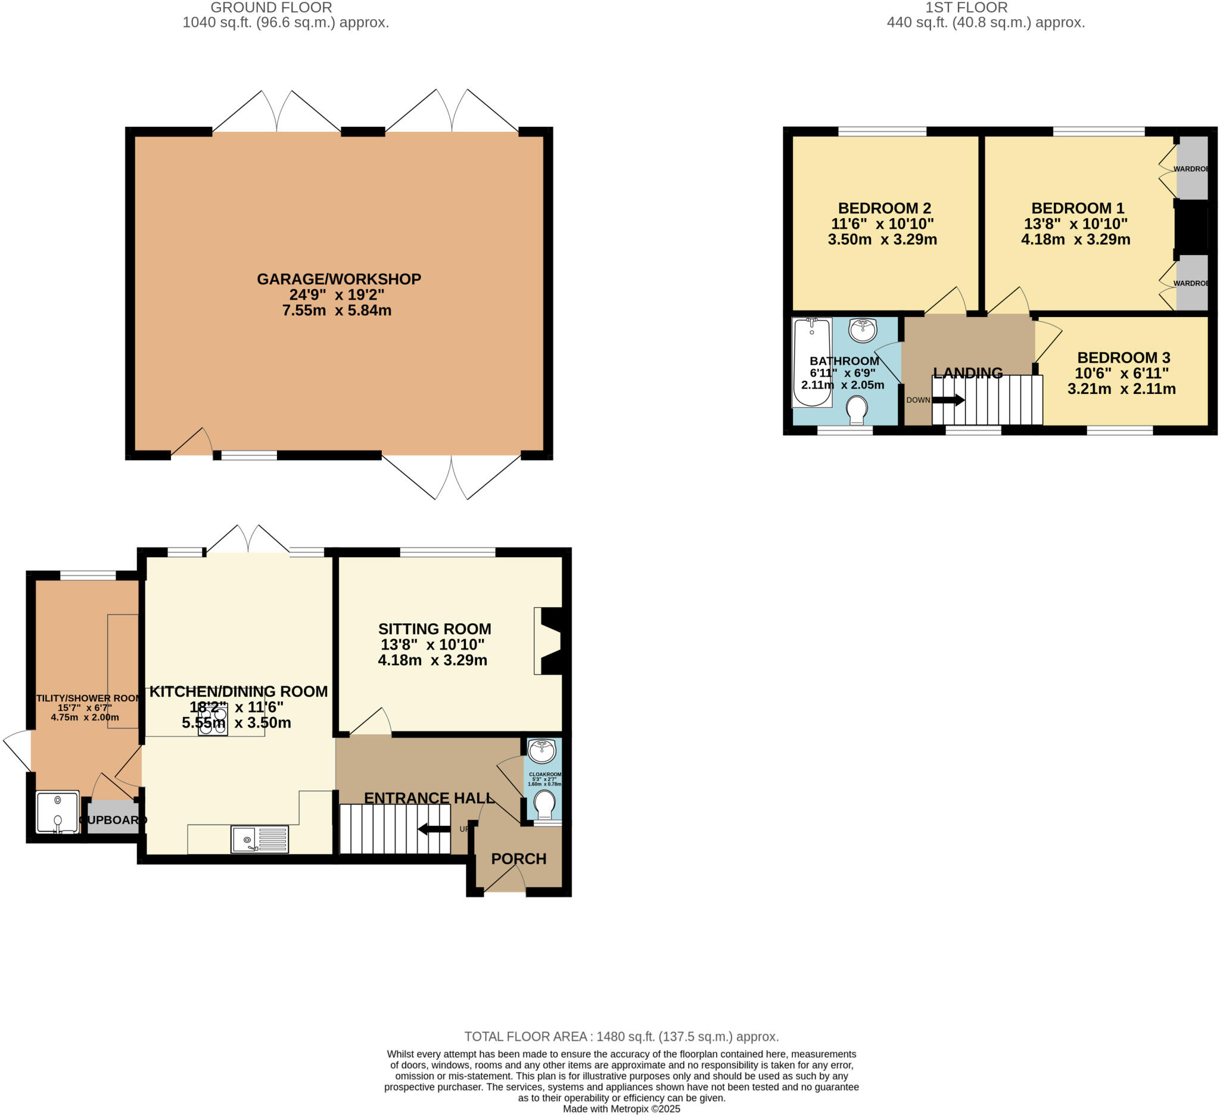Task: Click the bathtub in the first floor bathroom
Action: [811, 362]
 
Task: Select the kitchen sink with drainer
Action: [260, 839]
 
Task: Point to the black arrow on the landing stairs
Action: [948, 400]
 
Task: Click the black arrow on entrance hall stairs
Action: [434, 829]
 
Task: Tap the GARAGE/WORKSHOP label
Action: [338, 279]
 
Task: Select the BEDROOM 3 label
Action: [1123, 358]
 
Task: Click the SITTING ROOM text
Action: [434, 629]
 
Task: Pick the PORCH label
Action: [518, 859]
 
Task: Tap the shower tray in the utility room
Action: [58, 812]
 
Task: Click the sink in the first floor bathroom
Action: [863, 331]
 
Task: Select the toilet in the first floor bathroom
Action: [856, 409]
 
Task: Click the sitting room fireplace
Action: [549, 641]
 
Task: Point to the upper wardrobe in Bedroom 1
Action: [1191, 167]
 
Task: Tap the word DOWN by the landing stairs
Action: [917, 400]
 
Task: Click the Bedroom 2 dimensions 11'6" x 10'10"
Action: [882, 224]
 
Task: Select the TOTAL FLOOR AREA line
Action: [621, 1036]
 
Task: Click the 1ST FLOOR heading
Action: [966, 7]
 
